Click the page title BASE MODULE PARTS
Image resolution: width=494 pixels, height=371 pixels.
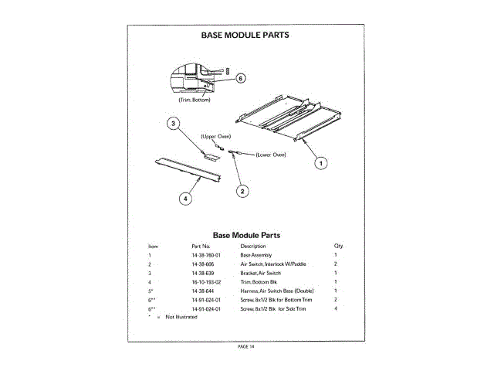(246, 35)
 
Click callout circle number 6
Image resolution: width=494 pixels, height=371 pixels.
(240, 78)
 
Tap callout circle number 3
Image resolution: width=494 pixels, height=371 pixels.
(174, 123)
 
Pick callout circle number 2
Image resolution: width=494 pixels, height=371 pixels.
(242, 191)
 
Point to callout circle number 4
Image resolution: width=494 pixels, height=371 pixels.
(185, 199)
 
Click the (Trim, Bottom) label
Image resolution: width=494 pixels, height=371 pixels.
(195, 100)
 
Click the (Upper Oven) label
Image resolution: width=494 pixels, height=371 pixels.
(216, 136)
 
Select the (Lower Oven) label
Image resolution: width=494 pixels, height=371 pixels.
(270, 155)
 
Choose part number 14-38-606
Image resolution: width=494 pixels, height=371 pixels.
(202, 264)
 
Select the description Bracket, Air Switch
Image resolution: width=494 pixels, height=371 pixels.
(261, 273)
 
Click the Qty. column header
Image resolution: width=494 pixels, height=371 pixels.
(338, 246)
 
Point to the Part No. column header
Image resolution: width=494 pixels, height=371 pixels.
(201, 246)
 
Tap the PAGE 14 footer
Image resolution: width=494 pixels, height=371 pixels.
(246, 345)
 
